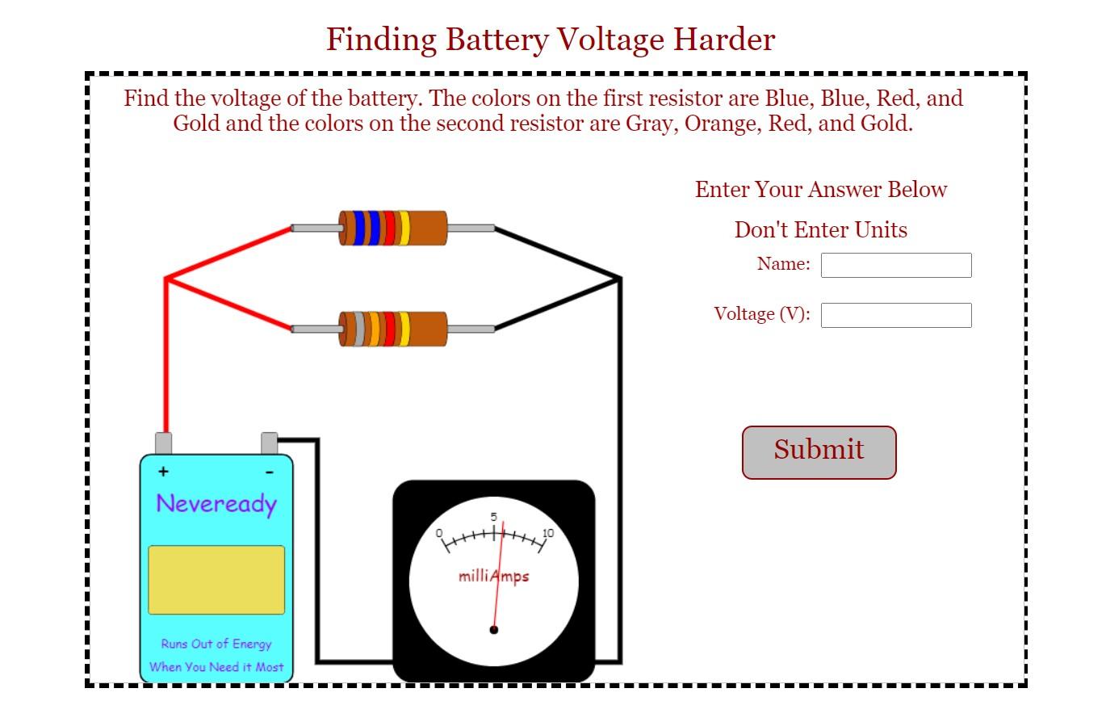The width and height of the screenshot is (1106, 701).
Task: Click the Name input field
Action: [x=895, y=265]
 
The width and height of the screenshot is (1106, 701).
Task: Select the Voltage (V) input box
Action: [x=895, y=315]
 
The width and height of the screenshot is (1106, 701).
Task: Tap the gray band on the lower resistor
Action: [x=359, y=329]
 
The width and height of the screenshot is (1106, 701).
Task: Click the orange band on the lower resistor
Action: [x=374, y=329]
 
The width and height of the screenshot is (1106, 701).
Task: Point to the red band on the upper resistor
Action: [x=389, y=228]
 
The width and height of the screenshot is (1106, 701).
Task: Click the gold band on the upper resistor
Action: [x=404, y=228]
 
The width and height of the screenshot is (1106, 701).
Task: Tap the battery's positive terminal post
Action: [x=163, y=443]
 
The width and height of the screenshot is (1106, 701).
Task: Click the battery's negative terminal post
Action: [x=270, y=443]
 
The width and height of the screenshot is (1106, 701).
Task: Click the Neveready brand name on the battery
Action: [x=216, y=503]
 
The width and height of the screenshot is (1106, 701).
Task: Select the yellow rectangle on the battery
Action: [x=216, y=580]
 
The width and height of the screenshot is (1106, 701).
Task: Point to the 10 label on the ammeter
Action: [x=548, y=533]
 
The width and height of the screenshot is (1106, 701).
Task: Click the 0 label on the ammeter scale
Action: [x=439, y=533]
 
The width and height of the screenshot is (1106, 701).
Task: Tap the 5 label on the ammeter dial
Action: [x=494, y=518]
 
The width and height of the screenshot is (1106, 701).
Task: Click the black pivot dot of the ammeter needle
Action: [x=494, y=630]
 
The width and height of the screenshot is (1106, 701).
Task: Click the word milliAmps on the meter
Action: [x=493, y=576]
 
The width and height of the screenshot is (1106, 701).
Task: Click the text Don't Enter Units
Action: [x=820, y=230]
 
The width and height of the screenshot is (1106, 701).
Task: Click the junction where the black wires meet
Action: [x=619, y=279]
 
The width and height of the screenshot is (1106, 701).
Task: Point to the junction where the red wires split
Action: [x=166, y=279]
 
